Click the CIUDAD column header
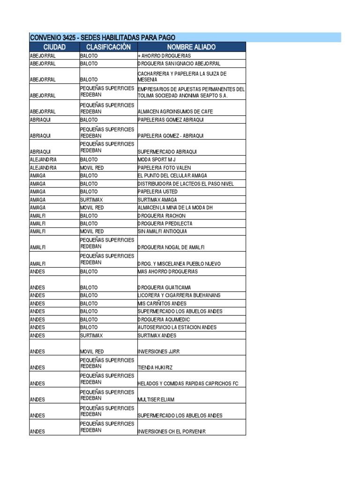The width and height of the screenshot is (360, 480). tap(54, 47)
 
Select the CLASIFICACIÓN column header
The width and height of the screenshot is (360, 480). tap(108, 47)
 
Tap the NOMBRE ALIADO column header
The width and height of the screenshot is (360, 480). tap(191, 47)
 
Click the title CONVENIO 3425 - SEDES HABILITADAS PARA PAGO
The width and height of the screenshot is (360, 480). tap(102, 37)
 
